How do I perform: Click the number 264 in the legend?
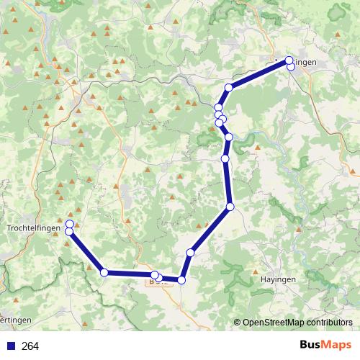(x=30, y=346)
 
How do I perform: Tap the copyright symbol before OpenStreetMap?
(x=237, y=322)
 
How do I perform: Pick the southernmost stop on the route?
(x=181, y=280)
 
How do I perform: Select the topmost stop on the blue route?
(x=289, y=60)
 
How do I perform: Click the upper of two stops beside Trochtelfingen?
(x=70, y=224)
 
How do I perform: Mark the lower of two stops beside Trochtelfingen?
(x=69, y=231)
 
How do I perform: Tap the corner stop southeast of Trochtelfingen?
(x=104, y=272)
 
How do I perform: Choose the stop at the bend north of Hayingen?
(x=230, y=207)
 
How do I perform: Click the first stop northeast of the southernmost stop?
(x=191, y=252)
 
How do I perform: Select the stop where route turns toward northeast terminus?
(x=228, y=88)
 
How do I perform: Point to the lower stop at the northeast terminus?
(x=291, y=66)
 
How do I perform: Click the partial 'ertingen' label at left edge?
(x=14, y=319)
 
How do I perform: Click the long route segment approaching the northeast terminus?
(x=258, y=74)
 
